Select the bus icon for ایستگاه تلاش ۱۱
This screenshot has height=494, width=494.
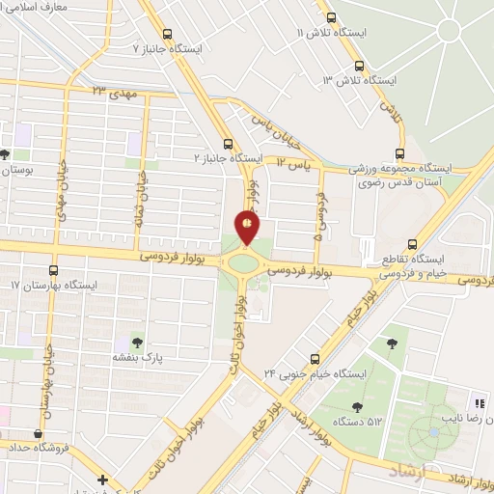332,17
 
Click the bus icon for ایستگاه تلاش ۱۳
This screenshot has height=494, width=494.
359,66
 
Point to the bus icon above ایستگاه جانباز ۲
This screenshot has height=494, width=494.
228,140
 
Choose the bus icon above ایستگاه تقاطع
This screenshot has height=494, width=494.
412,244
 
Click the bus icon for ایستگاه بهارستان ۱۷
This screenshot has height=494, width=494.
53,271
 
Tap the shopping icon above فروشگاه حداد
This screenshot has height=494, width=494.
40,433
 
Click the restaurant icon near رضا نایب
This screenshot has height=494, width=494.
478,403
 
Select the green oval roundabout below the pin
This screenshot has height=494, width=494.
244,261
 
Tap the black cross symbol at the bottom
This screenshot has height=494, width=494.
102,480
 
